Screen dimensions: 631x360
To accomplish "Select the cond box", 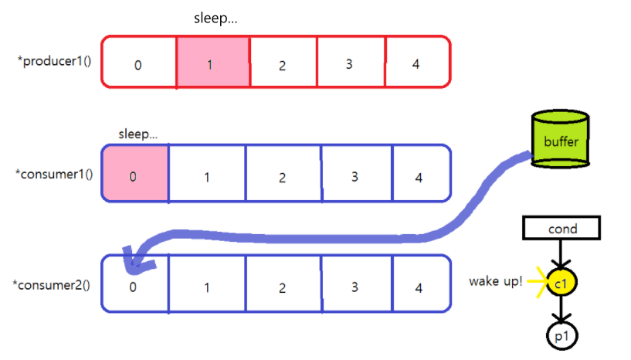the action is pyautogui.click(x=561, y=229).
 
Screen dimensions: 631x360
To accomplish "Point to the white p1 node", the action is pyautogui.click(x=561, y=336).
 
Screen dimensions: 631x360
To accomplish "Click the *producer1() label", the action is pyautogui.click(x=54, y=61).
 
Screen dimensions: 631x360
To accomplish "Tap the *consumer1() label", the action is pyautogui.click(x=54, y=173).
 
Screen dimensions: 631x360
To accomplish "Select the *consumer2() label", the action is pyautogui.click(x=54, y=284).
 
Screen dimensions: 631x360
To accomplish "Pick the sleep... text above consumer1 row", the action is pyautogui.click(x=137, y=133).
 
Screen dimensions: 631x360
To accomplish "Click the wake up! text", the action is pyautogui.click(x=495, y=280).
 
